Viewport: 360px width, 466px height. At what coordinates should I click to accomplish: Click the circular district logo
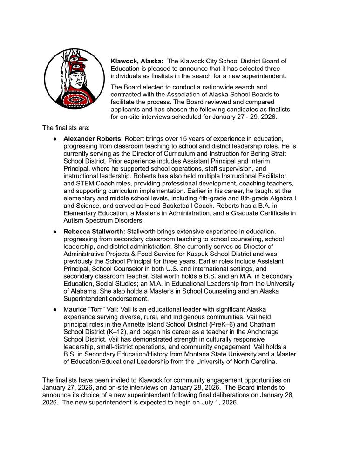pyautogui.click(x=74, y=78)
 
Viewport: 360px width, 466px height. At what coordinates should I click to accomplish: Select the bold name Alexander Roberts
pyautogui.click(x=93, y=139)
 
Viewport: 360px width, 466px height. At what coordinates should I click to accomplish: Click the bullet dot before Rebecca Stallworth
pyautogui.click(x=55, y=232)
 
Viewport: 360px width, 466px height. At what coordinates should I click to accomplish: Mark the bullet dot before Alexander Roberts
pyautogui.click(x=55, y=139)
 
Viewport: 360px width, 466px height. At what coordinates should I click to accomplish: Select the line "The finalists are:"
pyautogui.click(x=66, y=127)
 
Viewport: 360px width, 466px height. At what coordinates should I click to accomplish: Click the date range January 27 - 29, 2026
pyautogui.click(x=243, y=117)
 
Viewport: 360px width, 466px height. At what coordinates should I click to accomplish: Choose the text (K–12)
pyautogui.click(x=113, y=331)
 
